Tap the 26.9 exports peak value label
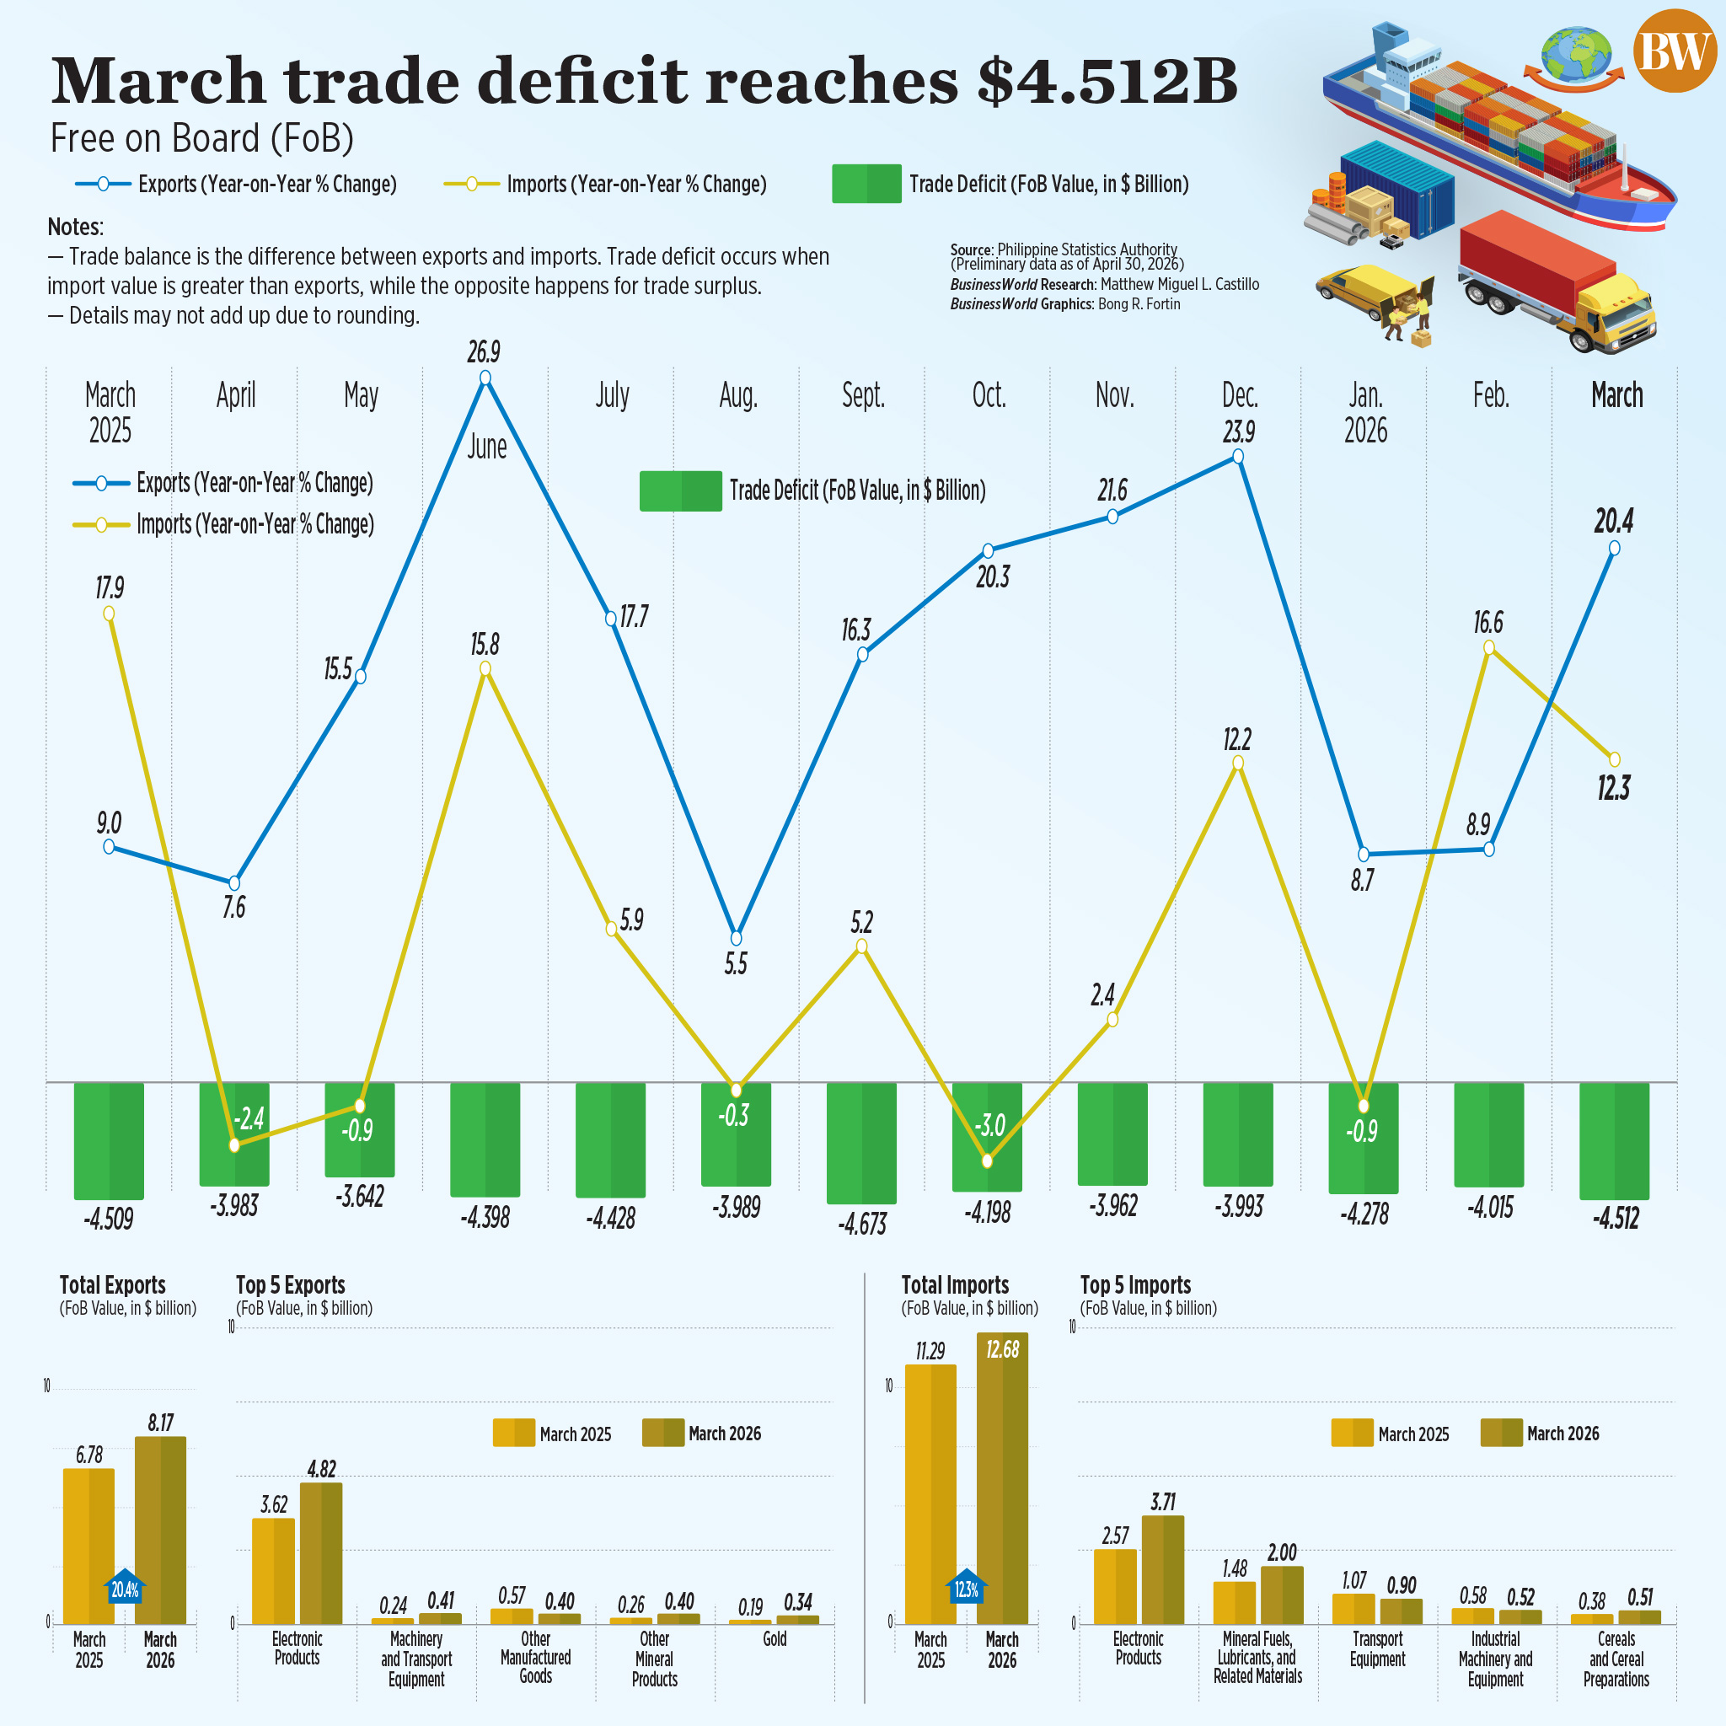483,352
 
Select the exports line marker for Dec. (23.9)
1237,457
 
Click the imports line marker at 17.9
109,613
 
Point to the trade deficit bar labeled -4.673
861,1143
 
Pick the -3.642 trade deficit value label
360,1196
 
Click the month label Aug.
738,395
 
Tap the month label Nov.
1114,395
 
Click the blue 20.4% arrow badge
125,1587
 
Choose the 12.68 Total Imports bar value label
1002,1349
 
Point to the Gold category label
775,1638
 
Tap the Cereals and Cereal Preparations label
1616,1658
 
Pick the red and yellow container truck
1554,281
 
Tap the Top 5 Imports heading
1134,1284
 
